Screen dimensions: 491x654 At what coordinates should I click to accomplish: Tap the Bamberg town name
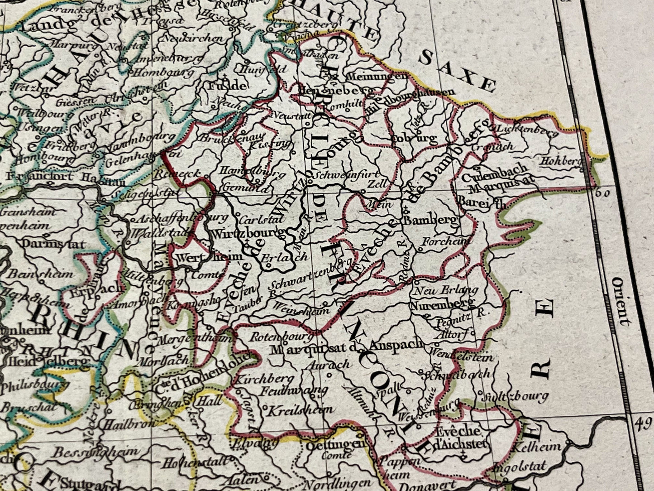(431, 221)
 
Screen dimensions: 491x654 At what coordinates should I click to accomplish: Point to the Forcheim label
(446, 241)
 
